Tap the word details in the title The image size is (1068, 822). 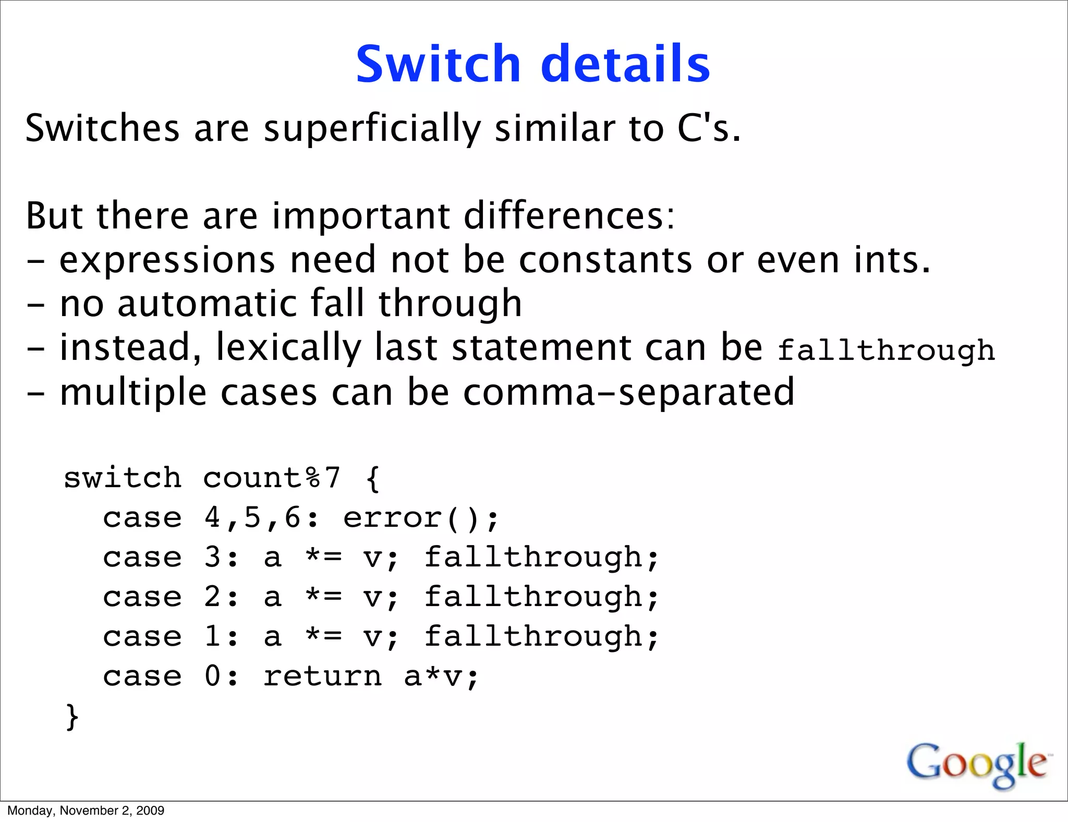(625, 64)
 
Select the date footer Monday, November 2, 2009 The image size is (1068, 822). (86, 811)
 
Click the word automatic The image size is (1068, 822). (214, 304)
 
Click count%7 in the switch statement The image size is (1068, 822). (271, 478)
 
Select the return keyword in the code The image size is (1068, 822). (322, 676)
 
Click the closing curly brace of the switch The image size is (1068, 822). (72, 717)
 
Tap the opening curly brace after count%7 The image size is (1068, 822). (372, 478)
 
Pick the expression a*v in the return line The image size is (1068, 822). (434, 676)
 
